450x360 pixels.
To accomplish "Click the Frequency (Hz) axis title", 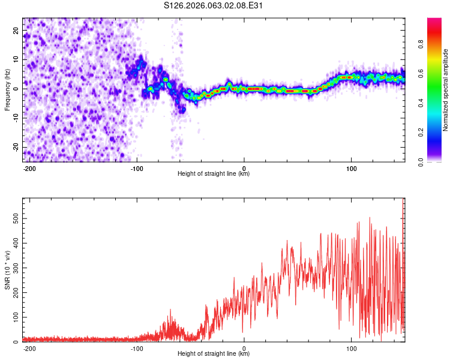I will click(7, 90).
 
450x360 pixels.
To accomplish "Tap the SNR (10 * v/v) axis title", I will click(7, 269).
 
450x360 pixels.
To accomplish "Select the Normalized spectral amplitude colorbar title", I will click(446, 90).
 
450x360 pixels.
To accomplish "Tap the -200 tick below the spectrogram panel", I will click(29, 167).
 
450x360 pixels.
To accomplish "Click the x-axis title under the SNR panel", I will click(214, 354).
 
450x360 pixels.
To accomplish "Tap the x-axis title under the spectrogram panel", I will click(214, 173).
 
